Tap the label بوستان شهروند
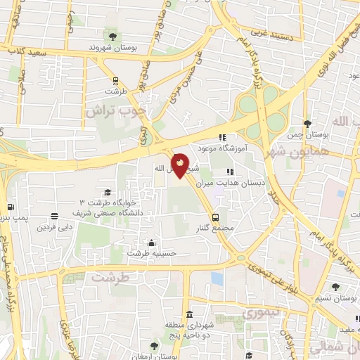click(x=110, y=47)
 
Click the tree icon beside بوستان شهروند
click(x=111, y=35)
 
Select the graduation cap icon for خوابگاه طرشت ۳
click(x=108, y=192)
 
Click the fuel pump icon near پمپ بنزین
click(x=10, y=207)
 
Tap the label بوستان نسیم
click(x=335, y=298)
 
